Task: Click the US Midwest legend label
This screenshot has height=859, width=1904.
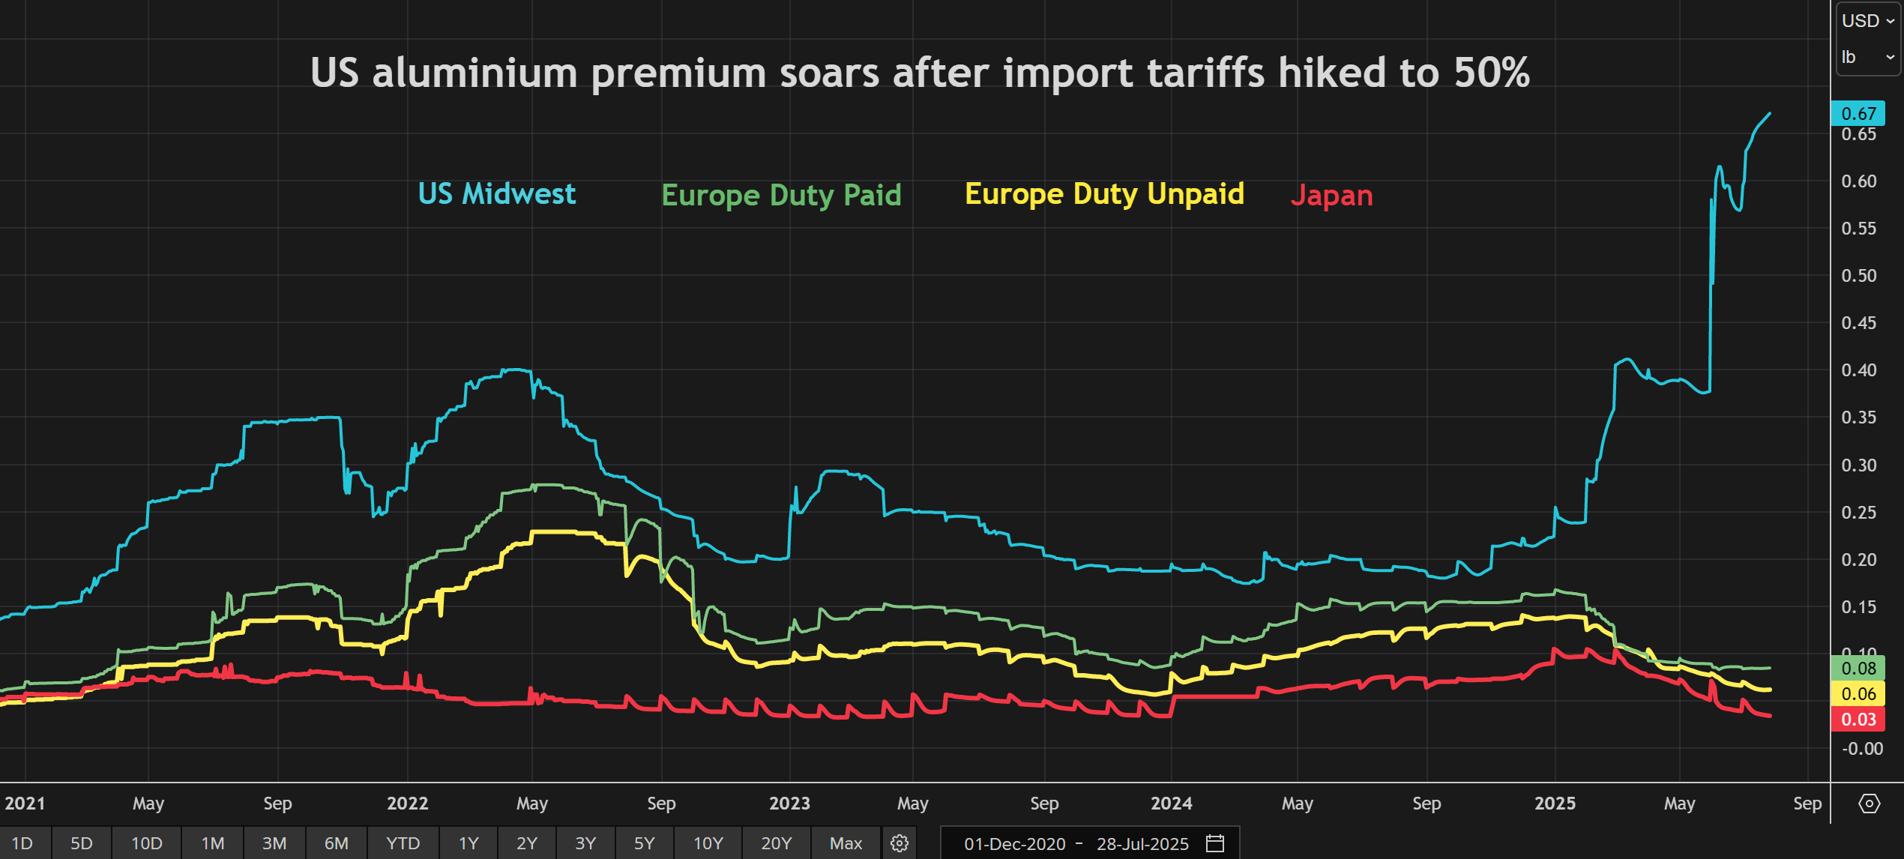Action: pos(496,194)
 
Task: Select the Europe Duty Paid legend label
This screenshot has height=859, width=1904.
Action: pos(781,196)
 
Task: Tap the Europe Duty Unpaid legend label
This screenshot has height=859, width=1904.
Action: pos(1104,194)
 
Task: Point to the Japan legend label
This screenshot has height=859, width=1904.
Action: pos(1331,196)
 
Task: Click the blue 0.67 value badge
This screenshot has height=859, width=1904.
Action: pos(1858,113)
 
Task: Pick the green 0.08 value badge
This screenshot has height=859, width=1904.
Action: pos(1858,668)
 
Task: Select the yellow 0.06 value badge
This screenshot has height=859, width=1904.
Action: pos(1858,693)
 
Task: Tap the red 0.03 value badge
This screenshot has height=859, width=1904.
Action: pos(1858,720)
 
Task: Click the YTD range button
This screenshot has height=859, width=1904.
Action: pos(403,843)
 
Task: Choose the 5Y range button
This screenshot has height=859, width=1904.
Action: pos(644,843)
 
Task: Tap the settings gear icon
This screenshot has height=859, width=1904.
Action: pos(900,843)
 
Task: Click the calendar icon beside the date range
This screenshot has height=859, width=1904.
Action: pos(1215,843)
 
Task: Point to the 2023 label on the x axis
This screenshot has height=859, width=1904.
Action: pos(789,804)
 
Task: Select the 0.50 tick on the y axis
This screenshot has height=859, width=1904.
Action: pos(1858,276)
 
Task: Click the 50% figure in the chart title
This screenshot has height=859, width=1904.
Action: pos(1492,73)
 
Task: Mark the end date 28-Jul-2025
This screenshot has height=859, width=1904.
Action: pos(1142,844)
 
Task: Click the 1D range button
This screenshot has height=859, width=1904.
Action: pos(22,843)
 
